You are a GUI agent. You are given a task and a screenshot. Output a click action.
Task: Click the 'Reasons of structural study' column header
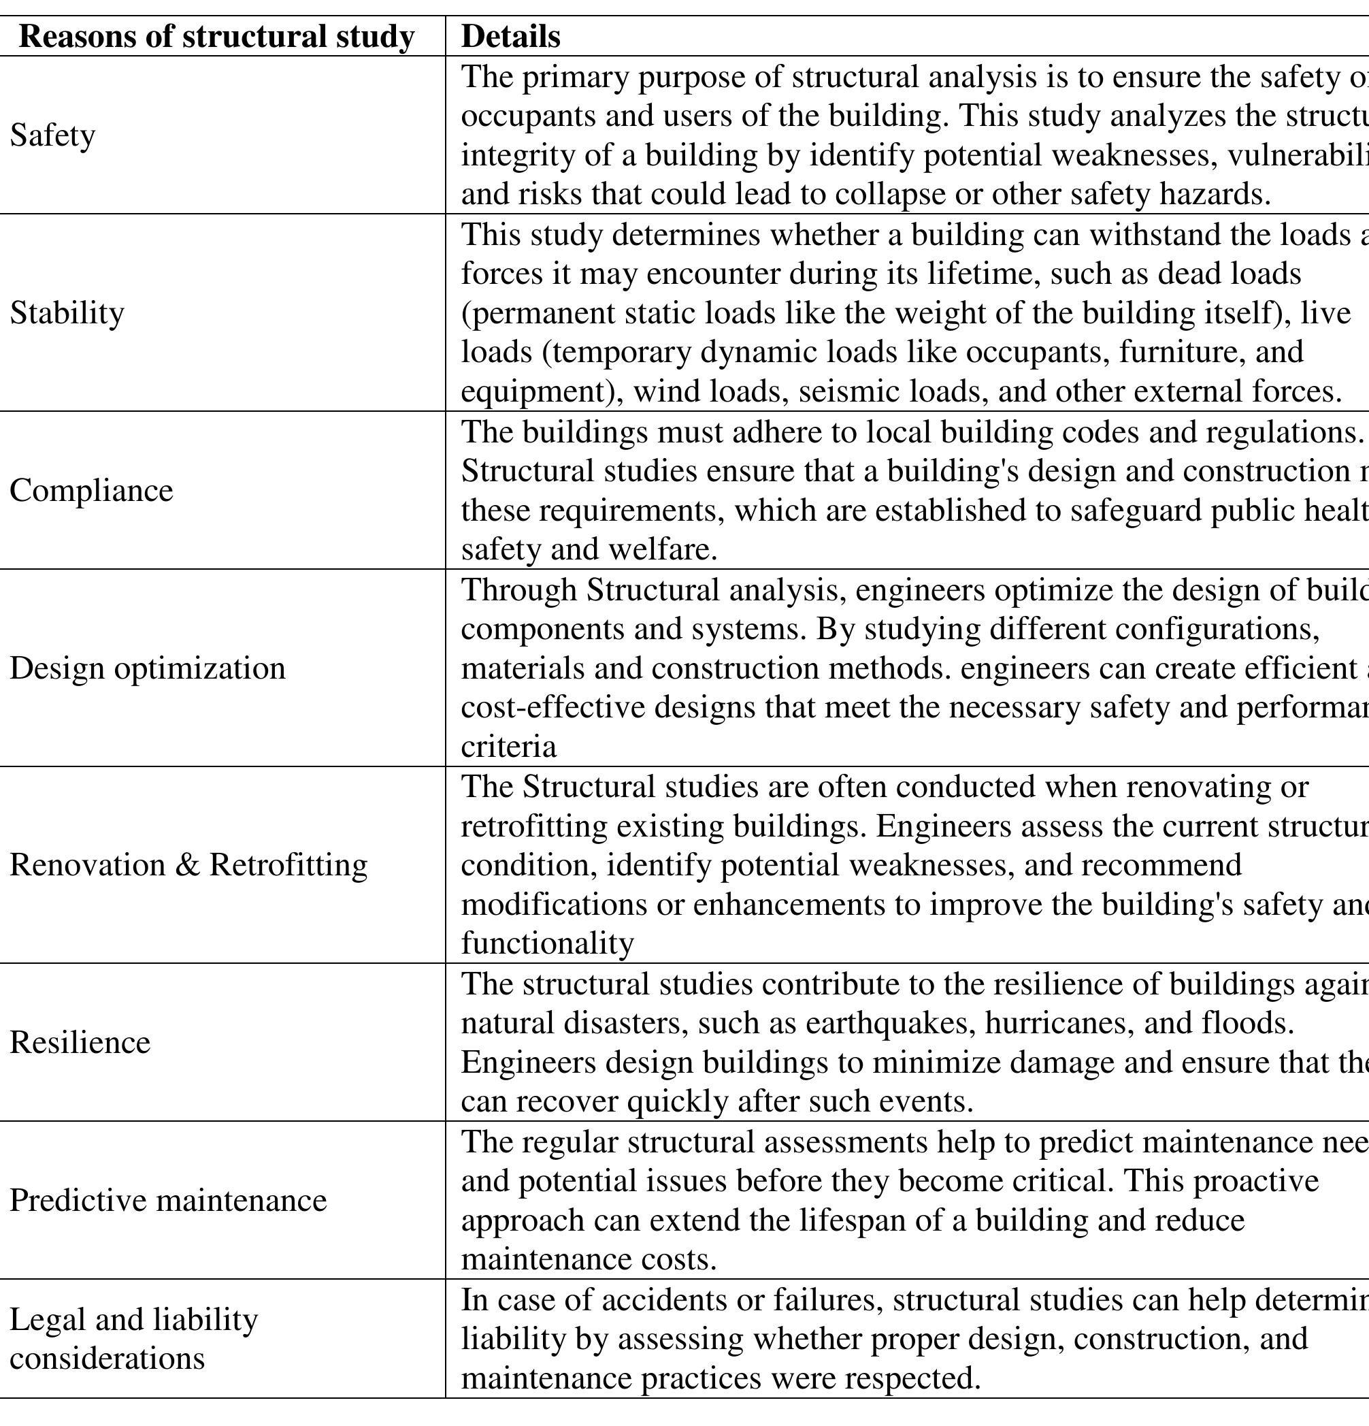pos(216,36)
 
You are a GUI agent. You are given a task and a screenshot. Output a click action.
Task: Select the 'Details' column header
pos(510,36)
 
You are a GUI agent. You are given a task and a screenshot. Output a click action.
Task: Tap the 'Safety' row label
pos(52,135)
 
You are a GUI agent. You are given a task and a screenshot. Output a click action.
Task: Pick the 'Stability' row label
pos(67,313)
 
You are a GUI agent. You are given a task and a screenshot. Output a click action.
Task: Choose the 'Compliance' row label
pos(91,490)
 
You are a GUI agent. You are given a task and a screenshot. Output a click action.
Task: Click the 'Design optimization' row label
pos(147,668)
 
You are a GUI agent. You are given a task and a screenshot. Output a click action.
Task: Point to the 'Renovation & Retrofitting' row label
pos(188,865)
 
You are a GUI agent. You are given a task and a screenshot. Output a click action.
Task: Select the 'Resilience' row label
pos(80,1043)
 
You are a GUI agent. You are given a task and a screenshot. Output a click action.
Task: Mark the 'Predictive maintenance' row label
pos(168,1201)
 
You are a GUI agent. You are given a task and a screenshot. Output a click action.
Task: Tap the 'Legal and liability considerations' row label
pos(133,1339)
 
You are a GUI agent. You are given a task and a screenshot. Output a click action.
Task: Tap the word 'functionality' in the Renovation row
pos(547,943)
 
